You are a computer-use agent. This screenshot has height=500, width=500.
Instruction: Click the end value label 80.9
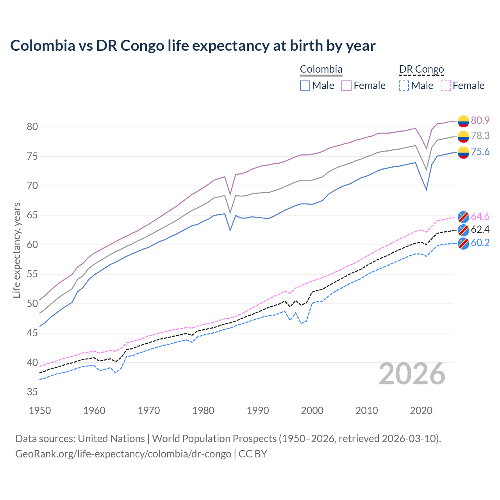pos(480,120)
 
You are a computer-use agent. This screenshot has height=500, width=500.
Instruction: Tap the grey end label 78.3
pos(480,136)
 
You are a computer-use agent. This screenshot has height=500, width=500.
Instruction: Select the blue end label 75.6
pos(480,152)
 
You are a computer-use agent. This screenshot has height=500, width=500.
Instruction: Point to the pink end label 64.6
pos(480,216)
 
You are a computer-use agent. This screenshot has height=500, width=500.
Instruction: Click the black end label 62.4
pos(480,229)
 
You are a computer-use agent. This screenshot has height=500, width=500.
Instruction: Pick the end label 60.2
pos(480,243)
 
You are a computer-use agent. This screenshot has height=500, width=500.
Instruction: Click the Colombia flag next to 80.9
pos(463,121)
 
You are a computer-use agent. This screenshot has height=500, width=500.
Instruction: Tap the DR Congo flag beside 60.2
pos(463,243)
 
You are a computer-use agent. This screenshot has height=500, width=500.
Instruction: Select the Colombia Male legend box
pos(305,86)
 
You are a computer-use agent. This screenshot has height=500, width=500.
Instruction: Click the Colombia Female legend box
pos(346,86)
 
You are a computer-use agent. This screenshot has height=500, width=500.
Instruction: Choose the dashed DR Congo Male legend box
pos(404,86)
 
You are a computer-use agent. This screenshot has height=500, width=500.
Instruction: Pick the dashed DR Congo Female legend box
pos(446,86)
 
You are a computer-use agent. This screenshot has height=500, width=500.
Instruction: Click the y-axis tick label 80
pos(32,127)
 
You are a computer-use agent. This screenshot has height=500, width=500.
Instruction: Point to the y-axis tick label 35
pos(32,392)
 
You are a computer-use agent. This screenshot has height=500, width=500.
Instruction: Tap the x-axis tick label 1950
pos(40,411)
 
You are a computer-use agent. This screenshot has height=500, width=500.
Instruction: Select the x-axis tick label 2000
pos(312,411)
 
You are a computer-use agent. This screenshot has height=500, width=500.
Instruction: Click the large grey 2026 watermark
pos(412,374)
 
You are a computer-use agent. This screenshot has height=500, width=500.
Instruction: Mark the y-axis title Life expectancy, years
pos(16,250)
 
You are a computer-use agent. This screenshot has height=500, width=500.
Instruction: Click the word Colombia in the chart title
pos(43,45)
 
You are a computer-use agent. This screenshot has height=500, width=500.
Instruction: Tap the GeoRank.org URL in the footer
pos(123,454)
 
